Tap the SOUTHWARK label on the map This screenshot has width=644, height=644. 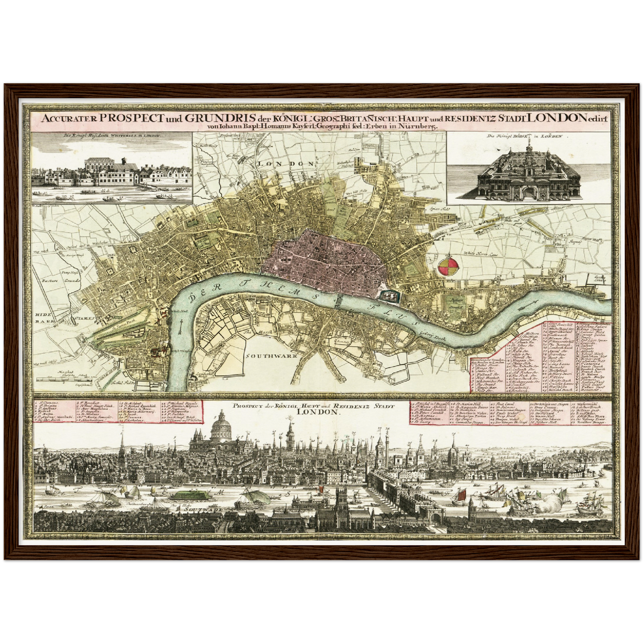(x=267, y=356)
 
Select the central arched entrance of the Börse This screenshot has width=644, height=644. (x=528, y=193)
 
